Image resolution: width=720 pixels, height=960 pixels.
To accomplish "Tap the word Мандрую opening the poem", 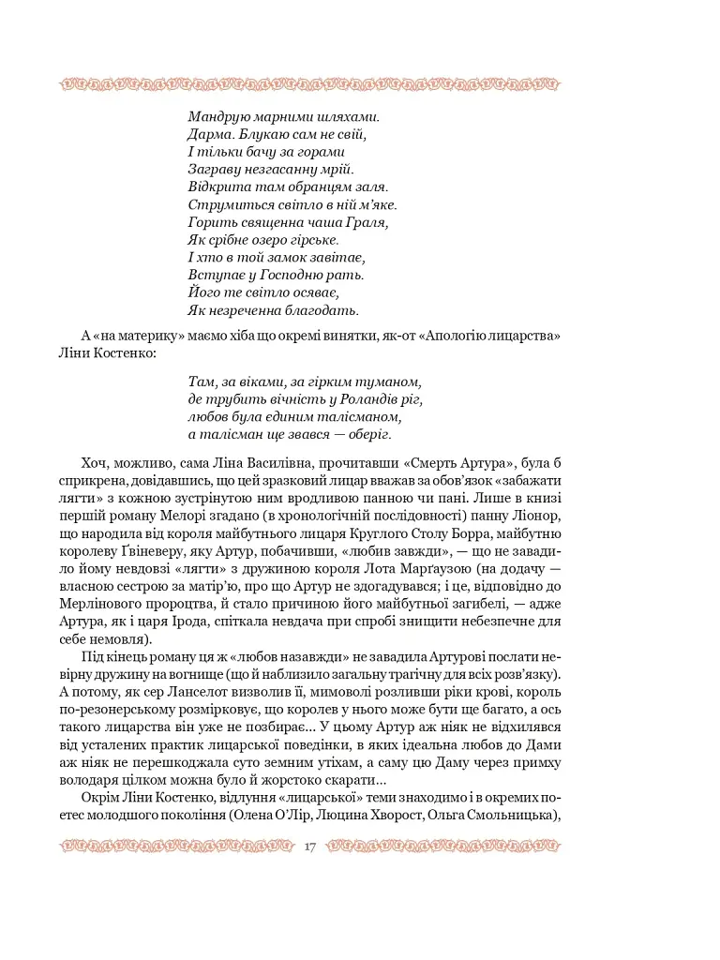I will pyautogui.click(x=219, y=118).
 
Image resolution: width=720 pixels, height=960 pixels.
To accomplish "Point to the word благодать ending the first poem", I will pyautogui.click(x=317, y=310).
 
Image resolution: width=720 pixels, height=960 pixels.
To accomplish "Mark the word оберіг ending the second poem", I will pyautogui.click(x=363, y=435).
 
